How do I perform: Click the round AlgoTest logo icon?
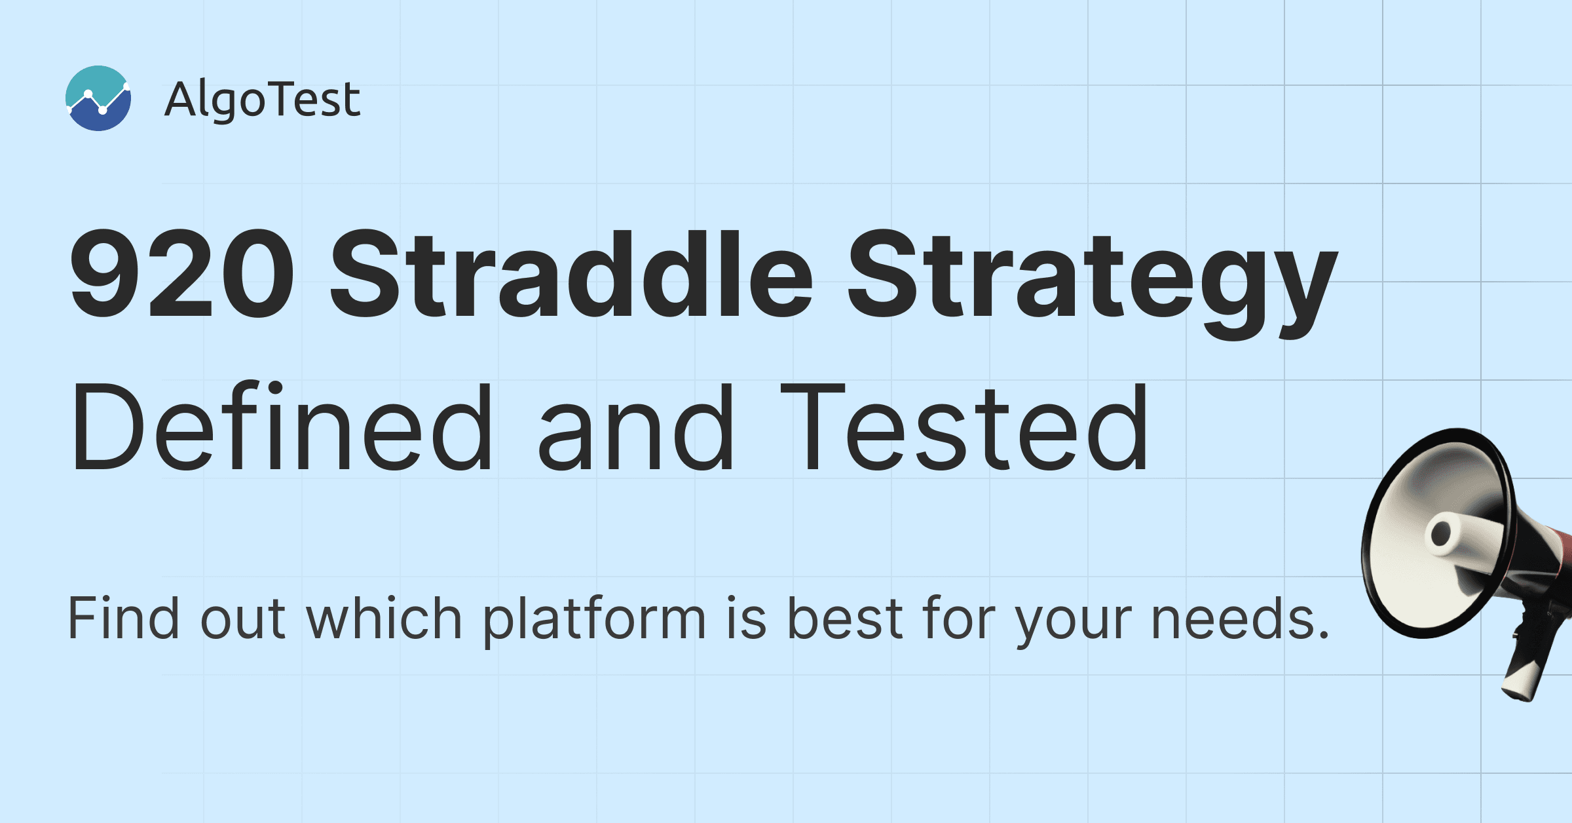(x=98, y=98)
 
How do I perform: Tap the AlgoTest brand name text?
(x=262, y=100)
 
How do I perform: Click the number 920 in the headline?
(x=182, y=274)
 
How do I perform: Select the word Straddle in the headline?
(x=571, y=274)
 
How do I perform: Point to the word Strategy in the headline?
(x=1093, y=284)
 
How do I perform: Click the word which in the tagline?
(x=384, y=617)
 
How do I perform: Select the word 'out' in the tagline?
(x=242, y=619)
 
